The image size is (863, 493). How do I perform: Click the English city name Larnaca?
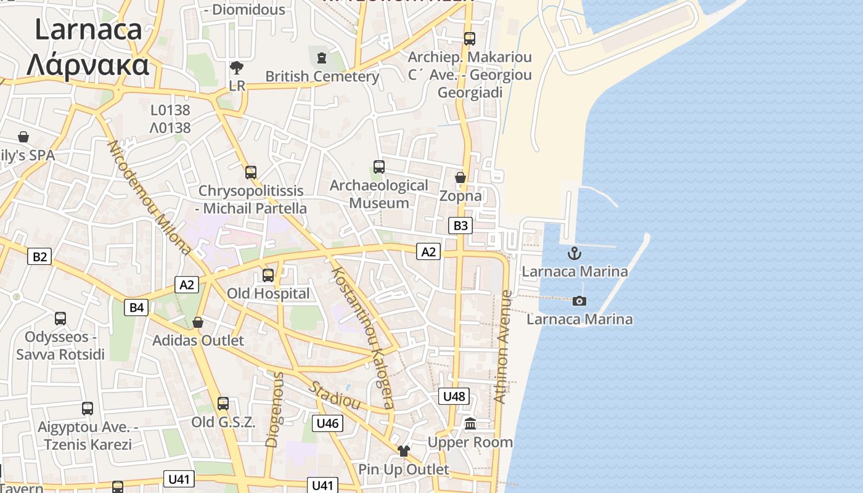(x=88, y=30)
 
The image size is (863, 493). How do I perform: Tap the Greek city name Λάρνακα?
(x=88, y=64)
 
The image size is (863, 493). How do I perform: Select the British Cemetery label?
(x=322, y=76)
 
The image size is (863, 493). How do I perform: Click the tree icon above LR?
(x=236, y=67)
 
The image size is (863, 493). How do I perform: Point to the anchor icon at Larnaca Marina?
(x=575, y=253)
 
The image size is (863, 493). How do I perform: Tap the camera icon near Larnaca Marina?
(x=579, y=301)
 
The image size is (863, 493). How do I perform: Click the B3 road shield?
(x=460, y=226)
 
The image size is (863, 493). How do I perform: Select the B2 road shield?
(x=39, y=256)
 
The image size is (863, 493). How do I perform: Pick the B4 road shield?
(x=136, y=307)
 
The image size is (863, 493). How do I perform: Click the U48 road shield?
(x=454, y=396)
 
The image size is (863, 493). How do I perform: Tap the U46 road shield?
(x=327, y=423)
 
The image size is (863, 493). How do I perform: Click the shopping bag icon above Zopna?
(x=460, y=177)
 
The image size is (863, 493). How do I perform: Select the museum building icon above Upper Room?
(x=470, y=423)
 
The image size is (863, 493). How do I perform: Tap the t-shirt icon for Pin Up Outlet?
(x=404, y=451)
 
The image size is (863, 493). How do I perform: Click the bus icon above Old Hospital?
(x=268, y=275)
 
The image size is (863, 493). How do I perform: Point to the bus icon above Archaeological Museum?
(x=379, y=167)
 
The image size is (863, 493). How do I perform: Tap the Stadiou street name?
(x=334, y=394)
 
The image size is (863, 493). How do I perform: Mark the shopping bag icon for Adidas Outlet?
(x=198, y=322)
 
